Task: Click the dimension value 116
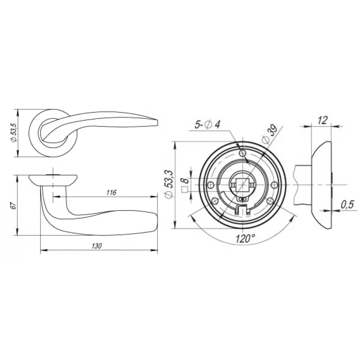pos(111,193)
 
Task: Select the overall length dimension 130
pos(97,246)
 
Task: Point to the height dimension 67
pos(14,206)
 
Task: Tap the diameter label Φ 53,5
pos(14,133)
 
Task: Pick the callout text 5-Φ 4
pos(207,125)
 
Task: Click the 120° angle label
pos(245,239)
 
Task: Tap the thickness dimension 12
pos(322,120)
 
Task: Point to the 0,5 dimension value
pos(347,205)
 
